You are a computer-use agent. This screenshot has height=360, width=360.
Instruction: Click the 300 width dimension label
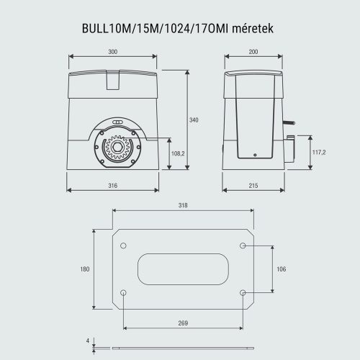(114, 53)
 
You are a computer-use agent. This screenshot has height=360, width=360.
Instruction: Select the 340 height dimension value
(194, 120)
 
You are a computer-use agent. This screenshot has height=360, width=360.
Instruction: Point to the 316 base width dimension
(113, 186)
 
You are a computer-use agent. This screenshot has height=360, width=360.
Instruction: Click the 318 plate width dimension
(183, 206)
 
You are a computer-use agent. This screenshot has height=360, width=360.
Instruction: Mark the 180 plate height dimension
(85, 269)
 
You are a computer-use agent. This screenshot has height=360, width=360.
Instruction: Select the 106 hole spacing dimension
(282, 269)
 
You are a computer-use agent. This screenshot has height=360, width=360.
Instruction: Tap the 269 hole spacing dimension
(183, 323)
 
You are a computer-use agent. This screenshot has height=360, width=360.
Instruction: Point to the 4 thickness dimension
(87, 341)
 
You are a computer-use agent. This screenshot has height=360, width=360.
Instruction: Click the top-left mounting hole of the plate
(123, 246)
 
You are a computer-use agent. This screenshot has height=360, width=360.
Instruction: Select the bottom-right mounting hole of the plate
(243, 293)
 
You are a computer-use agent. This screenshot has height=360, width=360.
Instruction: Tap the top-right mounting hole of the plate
(243, 246)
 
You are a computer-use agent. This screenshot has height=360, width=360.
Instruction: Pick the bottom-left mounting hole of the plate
(123, 293)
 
